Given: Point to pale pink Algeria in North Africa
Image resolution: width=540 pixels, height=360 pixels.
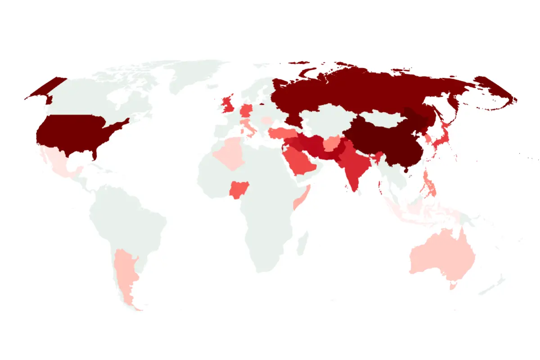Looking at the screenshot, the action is [x=230, y=153].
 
